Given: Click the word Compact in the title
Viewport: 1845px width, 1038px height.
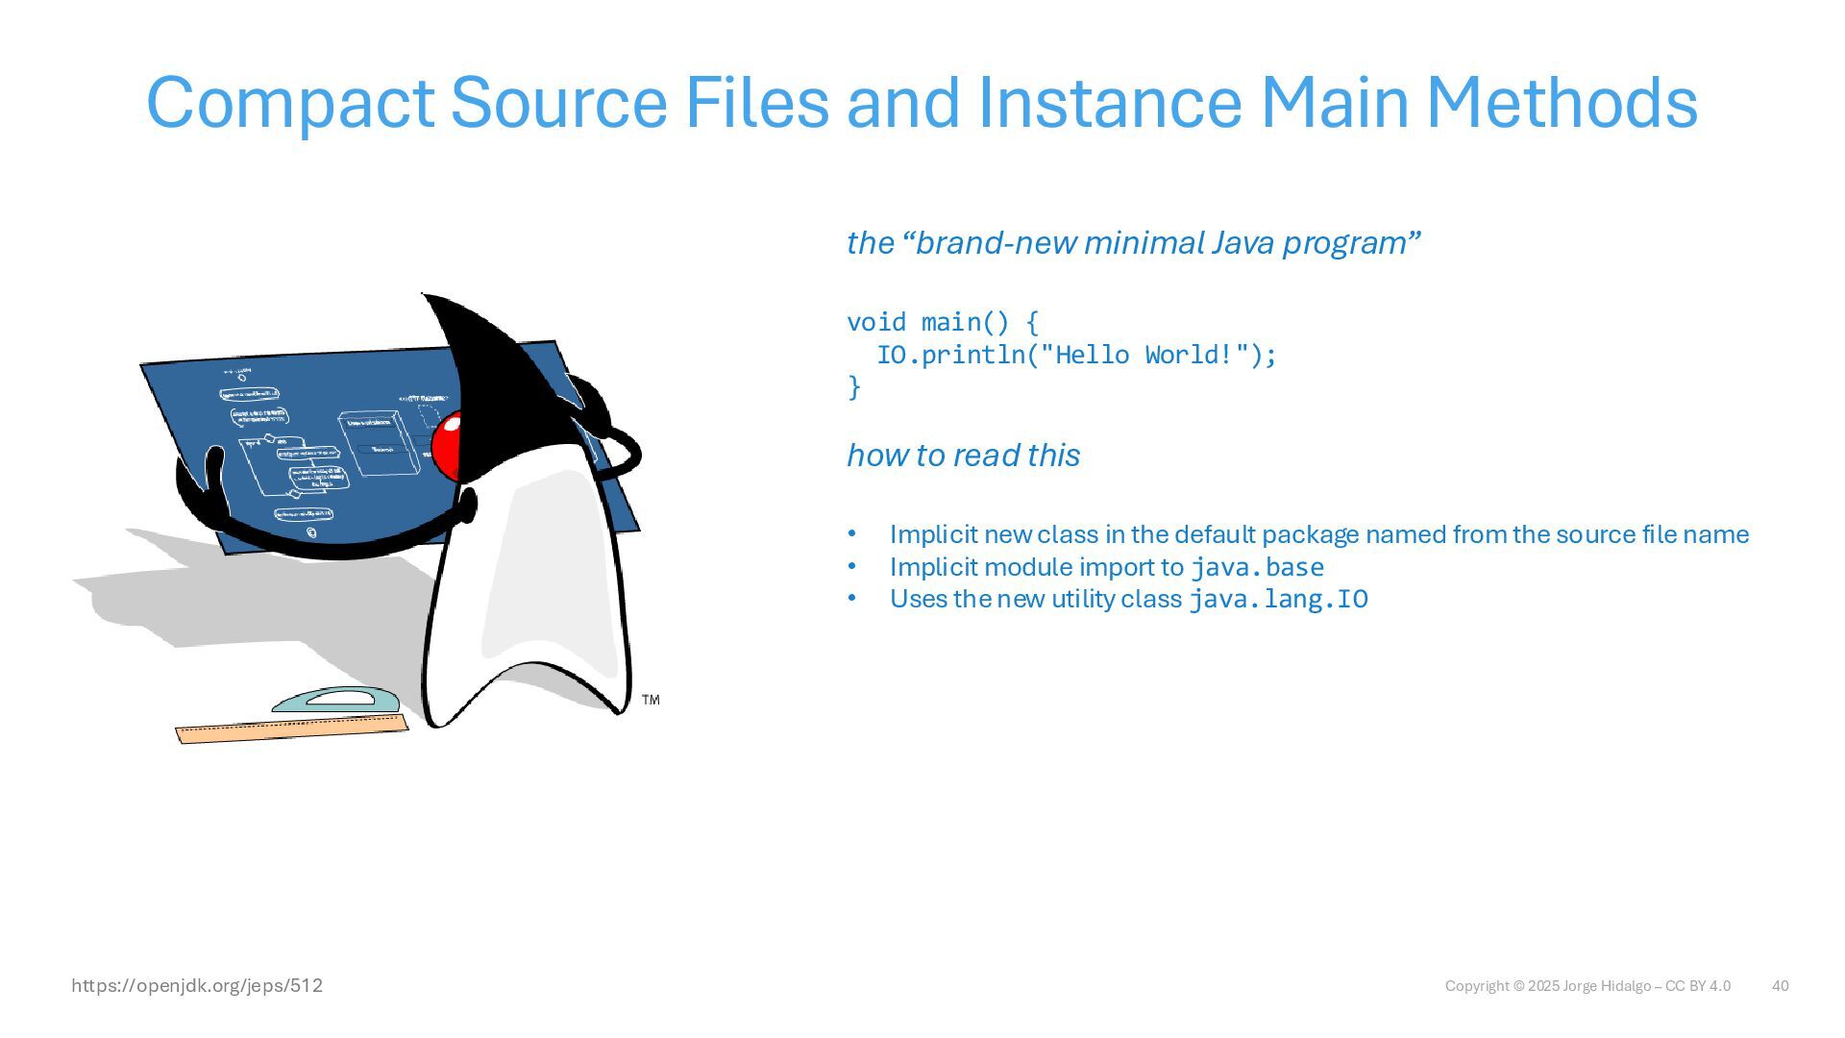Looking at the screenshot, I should tap(289, 103).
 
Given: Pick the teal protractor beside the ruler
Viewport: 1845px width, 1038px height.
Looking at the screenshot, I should tap(335, 701).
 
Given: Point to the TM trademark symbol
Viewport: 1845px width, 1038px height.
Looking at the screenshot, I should tap(651, 700).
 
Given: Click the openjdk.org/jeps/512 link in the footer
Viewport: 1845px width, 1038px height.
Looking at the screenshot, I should tap(197, 986).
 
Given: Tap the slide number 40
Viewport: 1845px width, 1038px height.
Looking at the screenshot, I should tap(1780, 986).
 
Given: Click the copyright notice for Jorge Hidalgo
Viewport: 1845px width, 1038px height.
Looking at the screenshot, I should tap(1587, 986).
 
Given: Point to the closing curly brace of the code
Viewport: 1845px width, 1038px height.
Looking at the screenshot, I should tap(854, 387).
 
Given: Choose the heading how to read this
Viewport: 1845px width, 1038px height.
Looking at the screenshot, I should tap(963, 456).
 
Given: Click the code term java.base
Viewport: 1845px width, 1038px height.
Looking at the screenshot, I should tap(1257, 567).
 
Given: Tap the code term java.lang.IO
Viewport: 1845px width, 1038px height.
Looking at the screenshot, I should tap(1278, 600).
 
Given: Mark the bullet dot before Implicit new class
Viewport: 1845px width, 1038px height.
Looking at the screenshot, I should tap(851, 534).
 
